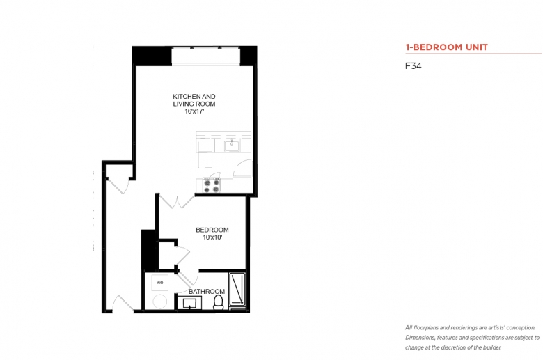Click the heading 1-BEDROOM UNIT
pyautogui.click(x=447, y=47)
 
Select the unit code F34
pyautogui.click(x=413, y=66)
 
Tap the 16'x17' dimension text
pyautogui.click(x=194, y=111)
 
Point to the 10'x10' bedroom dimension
pyautogui.click(x=212, y=237)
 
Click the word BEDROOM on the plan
pyautogui.click(x=212, y=230)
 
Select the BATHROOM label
pyautogui.click(x=207, y=291)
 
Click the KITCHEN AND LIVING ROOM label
pyautogui.click(x=194, y=100)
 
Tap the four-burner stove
pyautogui.click(x=212, y=185)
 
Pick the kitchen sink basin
pyautogui.click(x=232, y=146)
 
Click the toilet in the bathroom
pyautogui.click(x=219, y=302)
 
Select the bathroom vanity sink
pyautogui.click(x=190, y=303)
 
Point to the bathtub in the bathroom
pyautogui.click(x=237, y=290)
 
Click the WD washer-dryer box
pyautogui.click(x=160, y=283)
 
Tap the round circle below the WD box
pyautogui.click(x=160, y=302)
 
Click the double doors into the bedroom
pyautogui.click(x=177, y=202)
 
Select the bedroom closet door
pyautogui.click(x=183, y=256)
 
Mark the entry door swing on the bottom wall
pyautogui.click(x=123, y=303)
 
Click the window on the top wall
pyautogui.click(x=205, y=56)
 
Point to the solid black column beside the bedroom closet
pyautogui.click(x=148, y=250)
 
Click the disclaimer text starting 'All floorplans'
pyautogui.click(x=473, y=338)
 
